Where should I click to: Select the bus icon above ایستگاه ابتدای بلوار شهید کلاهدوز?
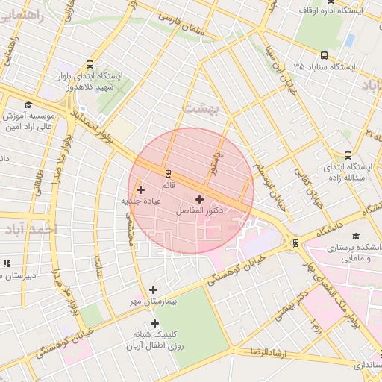pyautogui.click(x=90, y=64)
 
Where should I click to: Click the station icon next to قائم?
pyautogui.click(x=168, y=172)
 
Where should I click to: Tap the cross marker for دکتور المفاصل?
pyautogui.click(x=199, y=199)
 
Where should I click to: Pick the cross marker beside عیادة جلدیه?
pyautogui.click(x=140, y=190)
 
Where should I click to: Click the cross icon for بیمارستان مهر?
pyautogui.click(x=154, y=289)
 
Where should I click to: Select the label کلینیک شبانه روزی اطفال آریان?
pyautogui.click(x=154, y=341)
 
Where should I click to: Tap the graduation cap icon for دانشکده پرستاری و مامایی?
pyautogui.click(x=366, y=235)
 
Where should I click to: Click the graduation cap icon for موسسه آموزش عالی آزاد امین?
pyautogui.click(x=29, y=105)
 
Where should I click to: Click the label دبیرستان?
pyautogui.click(x=18, y=275)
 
